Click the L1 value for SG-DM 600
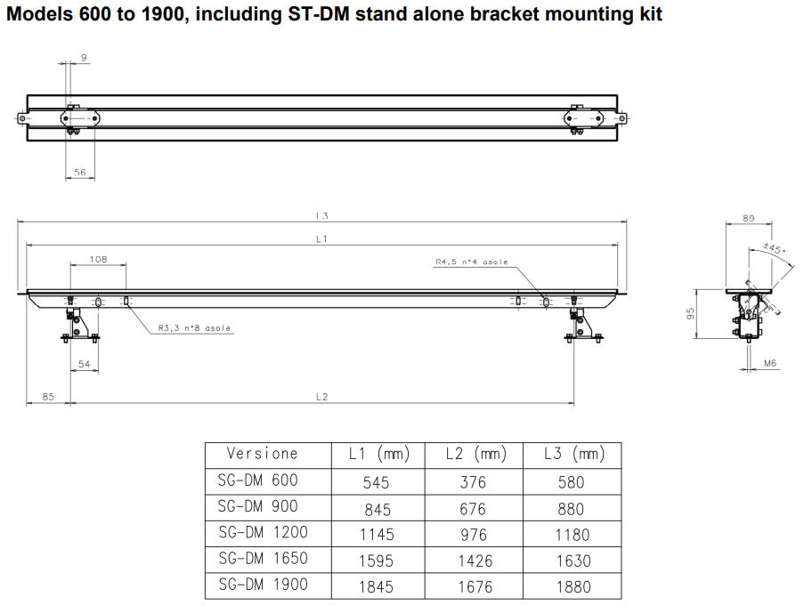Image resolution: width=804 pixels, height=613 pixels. coord(378,482)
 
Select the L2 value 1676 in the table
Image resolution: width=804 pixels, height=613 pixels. coord(474,587)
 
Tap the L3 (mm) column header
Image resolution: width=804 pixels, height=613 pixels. coord(574,455)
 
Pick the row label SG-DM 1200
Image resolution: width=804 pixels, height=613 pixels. coord(263,533)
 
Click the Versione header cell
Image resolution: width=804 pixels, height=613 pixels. coord(263,454)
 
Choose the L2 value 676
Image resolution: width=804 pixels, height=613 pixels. coord(474,509)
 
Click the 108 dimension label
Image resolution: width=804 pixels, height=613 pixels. coord(98,259)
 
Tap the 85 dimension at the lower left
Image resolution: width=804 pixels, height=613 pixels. coord(48,397)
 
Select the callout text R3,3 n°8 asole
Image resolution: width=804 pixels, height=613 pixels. coord(194,328)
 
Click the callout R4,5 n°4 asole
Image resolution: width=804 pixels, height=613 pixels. coord(472,262)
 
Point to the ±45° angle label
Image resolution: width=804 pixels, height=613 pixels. coord(775,249)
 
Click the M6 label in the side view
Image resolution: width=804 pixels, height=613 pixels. coord(771,364)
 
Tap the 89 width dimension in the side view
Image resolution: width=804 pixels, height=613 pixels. coord(748,217)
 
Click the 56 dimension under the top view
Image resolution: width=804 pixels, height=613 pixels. coord(81,173)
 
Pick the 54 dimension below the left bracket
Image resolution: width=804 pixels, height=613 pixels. coord(85,365)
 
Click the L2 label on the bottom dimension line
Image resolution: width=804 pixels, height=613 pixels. coord(322,397)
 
